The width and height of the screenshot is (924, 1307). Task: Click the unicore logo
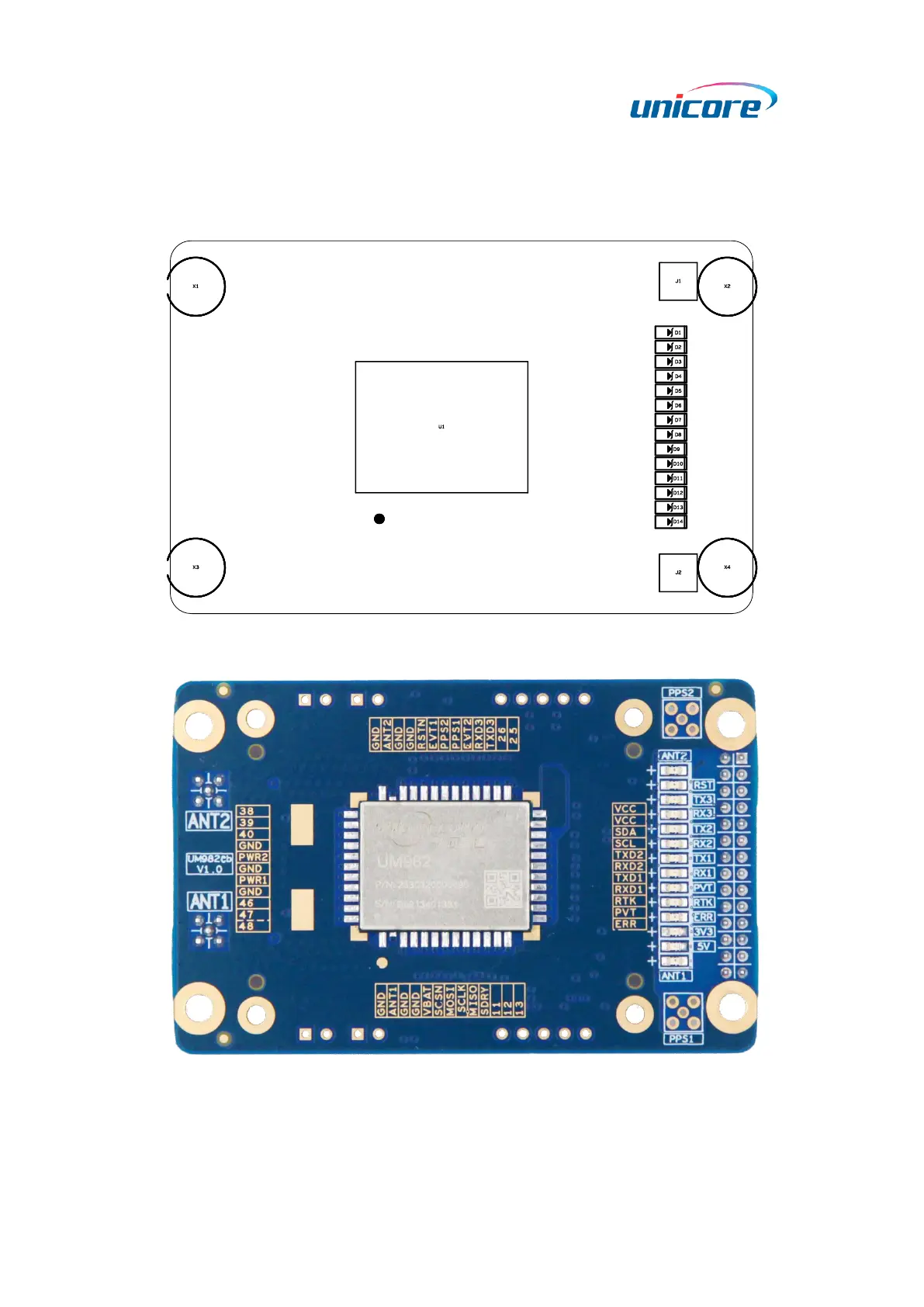702,102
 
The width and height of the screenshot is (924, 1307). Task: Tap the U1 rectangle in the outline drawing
441,427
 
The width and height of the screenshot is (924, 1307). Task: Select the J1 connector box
678,281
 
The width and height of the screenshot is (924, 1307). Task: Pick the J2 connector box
678,573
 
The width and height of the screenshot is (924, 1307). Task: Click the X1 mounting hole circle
196,286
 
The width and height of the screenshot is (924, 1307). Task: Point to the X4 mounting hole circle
727,567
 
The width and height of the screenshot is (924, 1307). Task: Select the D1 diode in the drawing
671,332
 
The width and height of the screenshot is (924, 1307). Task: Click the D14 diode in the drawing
671,522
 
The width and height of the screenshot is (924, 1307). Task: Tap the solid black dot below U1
379,518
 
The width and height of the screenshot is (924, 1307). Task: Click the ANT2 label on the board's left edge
209,820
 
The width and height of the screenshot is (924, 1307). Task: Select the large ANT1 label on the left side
209,901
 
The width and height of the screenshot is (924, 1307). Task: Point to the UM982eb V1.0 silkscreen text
209,864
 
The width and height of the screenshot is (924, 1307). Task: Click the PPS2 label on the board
681,692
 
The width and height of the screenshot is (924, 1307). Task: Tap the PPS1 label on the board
681,1038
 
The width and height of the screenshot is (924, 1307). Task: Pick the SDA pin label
625,832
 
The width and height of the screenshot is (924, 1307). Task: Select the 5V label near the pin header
703,946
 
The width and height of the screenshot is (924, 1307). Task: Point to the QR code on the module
502,889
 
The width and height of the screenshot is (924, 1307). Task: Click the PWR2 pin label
253,857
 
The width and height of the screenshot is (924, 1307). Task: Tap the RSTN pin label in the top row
421,734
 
